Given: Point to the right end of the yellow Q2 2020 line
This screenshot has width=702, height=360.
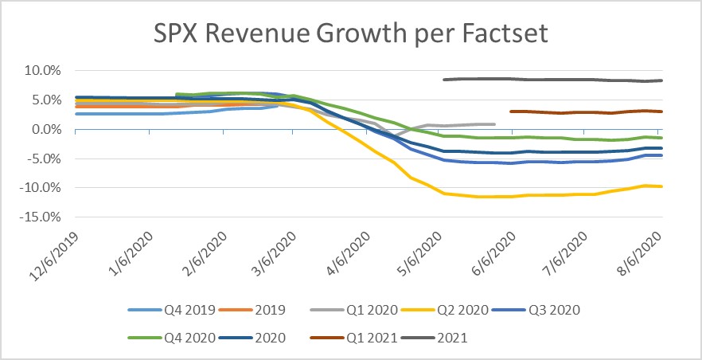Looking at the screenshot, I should click(x=663, y=186).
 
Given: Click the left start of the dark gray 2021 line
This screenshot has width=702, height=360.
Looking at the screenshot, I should click(x=443, y=80).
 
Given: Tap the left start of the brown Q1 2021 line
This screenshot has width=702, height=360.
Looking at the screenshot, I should click(x=510, y=112).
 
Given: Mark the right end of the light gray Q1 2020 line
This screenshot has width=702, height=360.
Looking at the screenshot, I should click(x=495, y=123).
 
